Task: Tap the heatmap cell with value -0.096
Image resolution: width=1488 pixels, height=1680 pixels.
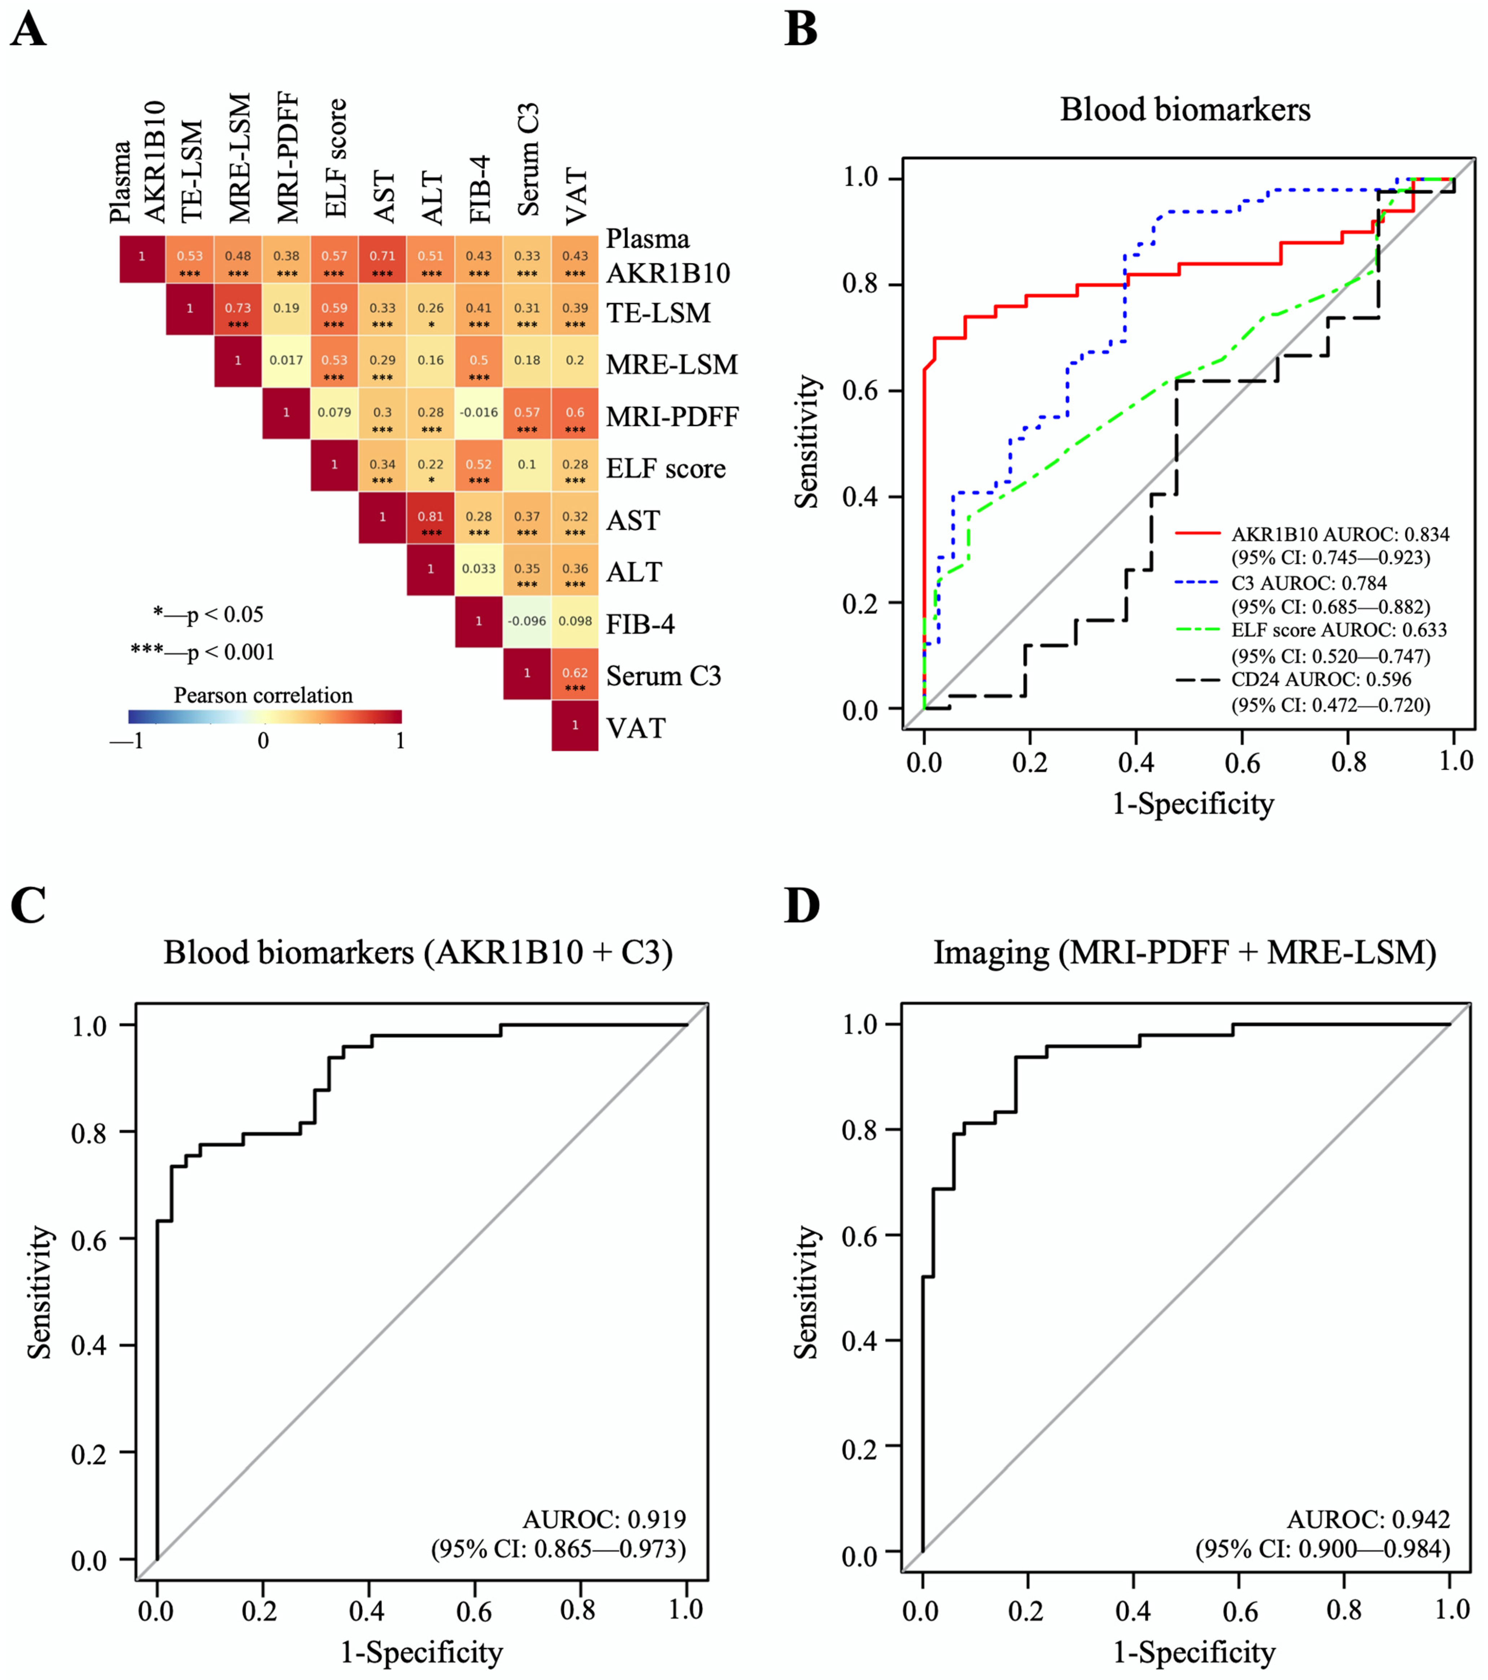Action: [526, 621]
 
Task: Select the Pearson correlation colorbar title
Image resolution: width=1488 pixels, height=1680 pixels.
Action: [263, 696]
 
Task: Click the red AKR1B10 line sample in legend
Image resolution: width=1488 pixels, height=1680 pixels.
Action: [1197, 534]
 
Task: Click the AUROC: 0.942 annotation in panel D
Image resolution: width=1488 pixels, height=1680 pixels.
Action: [1368, 1519]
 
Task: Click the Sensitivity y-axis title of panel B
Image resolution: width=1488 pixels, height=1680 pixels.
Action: [807, 441]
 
